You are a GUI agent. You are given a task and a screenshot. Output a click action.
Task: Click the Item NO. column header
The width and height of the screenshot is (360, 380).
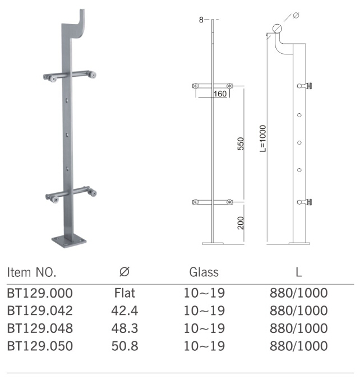(x=31, y=273)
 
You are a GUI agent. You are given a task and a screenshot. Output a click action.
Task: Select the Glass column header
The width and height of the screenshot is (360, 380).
(x=204, y=273)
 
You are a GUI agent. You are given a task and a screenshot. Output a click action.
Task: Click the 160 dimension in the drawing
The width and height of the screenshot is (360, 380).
(x=220, y=94)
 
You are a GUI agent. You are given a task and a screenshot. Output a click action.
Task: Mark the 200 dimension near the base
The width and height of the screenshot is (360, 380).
(x=241, y=223)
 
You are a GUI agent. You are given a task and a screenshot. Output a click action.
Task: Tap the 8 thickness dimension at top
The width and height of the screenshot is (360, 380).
(x=201, y=20)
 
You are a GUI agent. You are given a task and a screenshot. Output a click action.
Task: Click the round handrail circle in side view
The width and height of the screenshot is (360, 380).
(x=278, y=28)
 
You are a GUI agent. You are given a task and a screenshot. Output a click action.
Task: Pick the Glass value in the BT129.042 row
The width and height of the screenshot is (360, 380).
(x=204, y=311)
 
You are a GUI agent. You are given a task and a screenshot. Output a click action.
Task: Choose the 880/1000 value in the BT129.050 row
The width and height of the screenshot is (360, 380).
(x=299, y=346)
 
